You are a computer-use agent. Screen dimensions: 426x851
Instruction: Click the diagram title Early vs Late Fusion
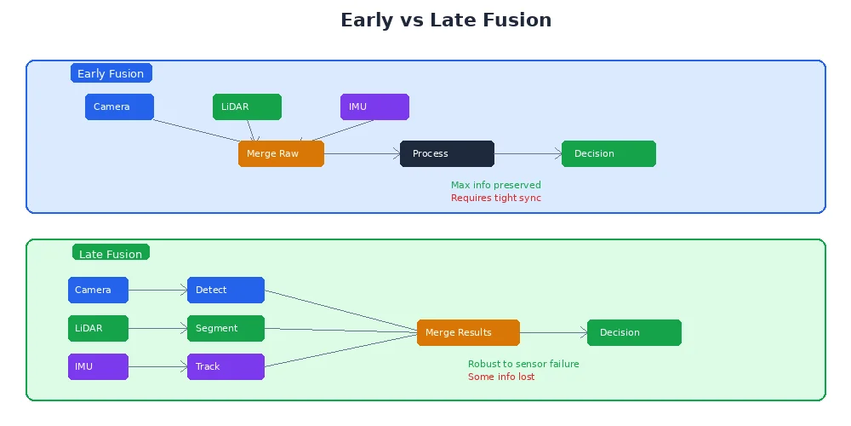tap(446, 20)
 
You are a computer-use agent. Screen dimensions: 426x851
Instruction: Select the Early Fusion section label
tap(111, 73)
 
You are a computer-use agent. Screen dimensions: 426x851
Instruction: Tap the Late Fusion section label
tap(111, 253)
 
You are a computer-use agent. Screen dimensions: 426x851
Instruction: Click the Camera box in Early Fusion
tap(119, 107)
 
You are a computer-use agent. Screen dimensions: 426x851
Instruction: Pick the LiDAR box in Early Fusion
tap(247, 107)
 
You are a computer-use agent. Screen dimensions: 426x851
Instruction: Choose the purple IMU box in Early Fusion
tap(374, 107)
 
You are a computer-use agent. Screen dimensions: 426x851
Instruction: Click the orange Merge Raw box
tap(281, 154)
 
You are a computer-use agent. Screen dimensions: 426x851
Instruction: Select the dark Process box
tap(447, 154)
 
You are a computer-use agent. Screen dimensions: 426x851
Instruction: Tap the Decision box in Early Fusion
tap(608, 154)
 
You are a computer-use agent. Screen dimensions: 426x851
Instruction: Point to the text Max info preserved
tap(495, 185)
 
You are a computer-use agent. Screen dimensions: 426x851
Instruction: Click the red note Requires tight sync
tap(495, 198)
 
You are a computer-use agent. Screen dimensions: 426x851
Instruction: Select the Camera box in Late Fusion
tap(98, 291)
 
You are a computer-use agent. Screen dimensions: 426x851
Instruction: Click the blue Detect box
tap(226, 291)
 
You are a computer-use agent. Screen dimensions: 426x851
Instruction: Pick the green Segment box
tap(226, 329)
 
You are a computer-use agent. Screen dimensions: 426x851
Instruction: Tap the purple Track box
tap(226, 367)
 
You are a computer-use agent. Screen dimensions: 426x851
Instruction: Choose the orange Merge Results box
tap(468, 333)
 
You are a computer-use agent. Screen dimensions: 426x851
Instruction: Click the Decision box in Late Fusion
tap(634, 333)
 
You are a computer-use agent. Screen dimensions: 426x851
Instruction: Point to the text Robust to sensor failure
tap(523, 364)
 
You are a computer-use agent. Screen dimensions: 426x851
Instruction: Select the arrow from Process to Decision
tap(528, 154)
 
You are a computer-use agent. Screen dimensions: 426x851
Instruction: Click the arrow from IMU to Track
tap(157, 367)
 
